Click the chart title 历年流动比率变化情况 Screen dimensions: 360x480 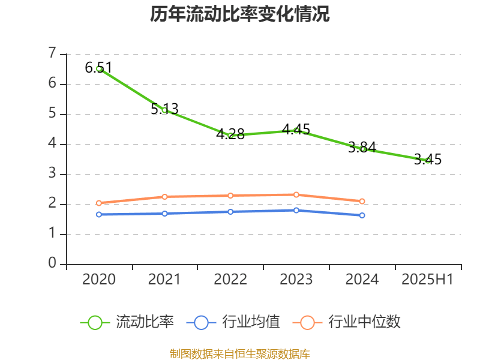(240, 14)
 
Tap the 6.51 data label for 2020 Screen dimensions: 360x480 (99, 68)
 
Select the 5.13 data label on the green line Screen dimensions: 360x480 (164, 109)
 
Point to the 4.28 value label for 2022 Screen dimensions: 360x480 (230, 134)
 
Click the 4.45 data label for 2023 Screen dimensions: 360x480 (296, 129)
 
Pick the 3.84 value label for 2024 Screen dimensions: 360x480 (362, 147)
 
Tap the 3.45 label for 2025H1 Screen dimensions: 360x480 (428, 160)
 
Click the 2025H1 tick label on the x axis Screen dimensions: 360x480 (428, 280)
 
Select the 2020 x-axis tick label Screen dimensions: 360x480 (99, 280)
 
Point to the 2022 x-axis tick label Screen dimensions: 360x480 (230, 280)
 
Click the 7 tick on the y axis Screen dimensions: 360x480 (53, 54)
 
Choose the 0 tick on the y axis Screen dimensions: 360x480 (53, 264)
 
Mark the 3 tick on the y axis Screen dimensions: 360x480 (53, 174)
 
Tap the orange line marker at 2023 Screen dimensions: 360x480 (296, 194)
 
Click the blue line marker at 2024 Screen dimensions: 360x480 (362, 215)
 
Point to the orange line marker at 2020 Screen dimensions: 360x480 (99, 203)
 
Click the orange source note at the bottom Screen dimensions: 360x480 (240, 353)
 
